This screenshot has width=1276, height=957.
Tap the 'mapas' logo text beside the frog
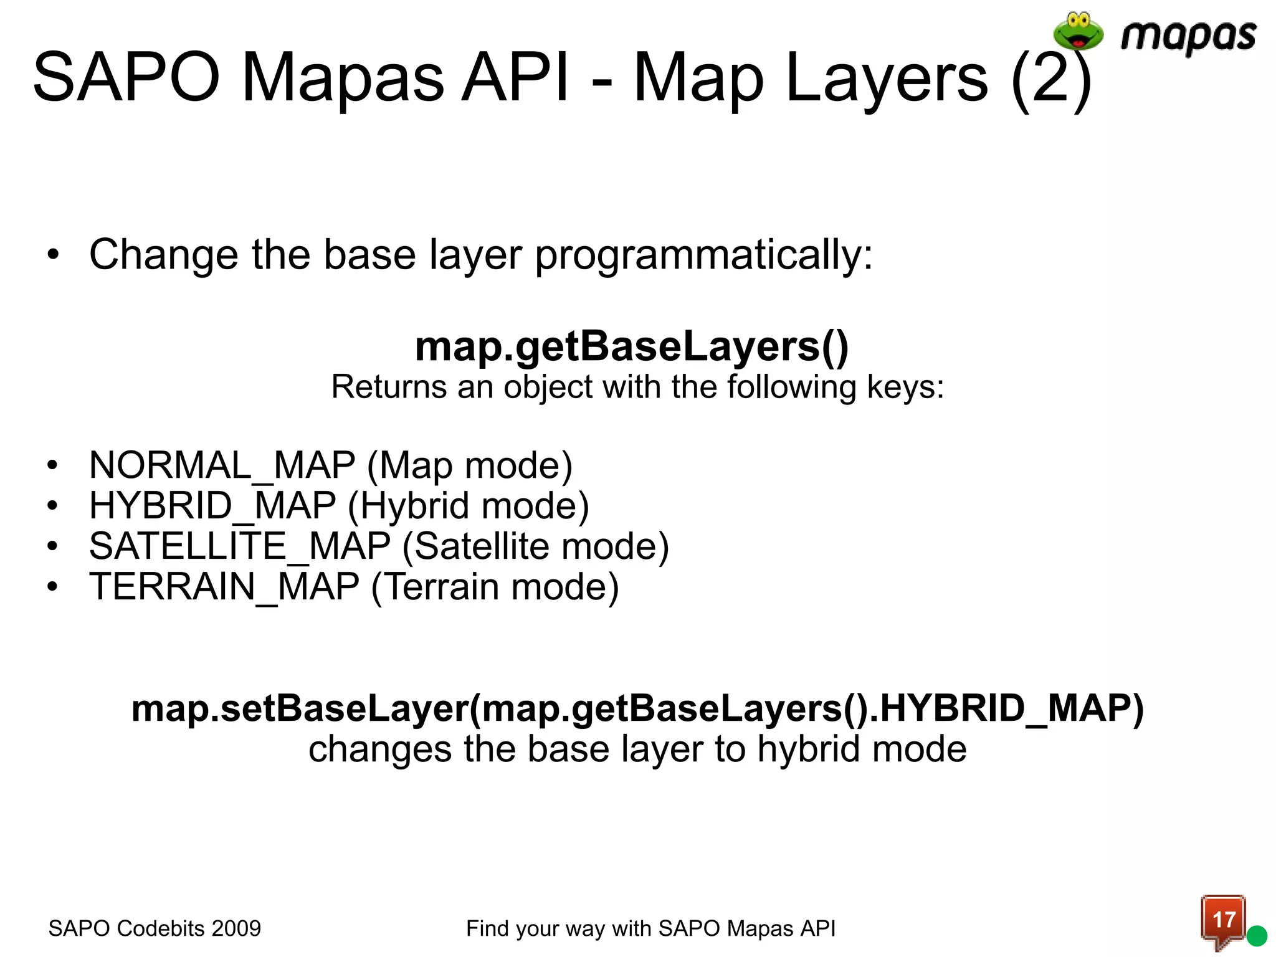1188,36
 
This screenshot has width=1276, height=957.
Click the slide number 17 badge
1223,920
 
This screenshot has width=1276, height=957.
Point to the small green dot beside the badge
1257,935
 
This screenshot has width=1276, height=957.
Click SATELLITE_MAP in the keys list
240,546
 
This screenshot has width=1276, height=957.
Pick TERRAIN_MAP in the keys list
224,587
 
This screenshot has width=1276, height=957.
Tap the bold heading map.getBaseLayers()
631,346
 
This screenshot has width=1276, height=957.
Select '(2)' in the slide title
1052,79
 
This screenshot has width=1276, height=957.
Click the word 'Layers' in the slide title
887,79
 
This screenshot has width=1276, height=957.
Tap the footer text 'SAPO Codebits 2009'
155,928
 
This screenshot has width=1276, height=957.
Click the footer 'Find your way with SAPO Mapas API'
650,928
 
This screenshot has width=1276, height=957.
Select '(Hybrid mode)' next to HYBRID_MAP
468,506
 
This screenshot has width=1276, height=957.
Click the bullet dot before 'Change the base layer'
53,255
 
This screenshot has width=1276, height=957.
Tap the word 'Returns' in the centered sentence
388,387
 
